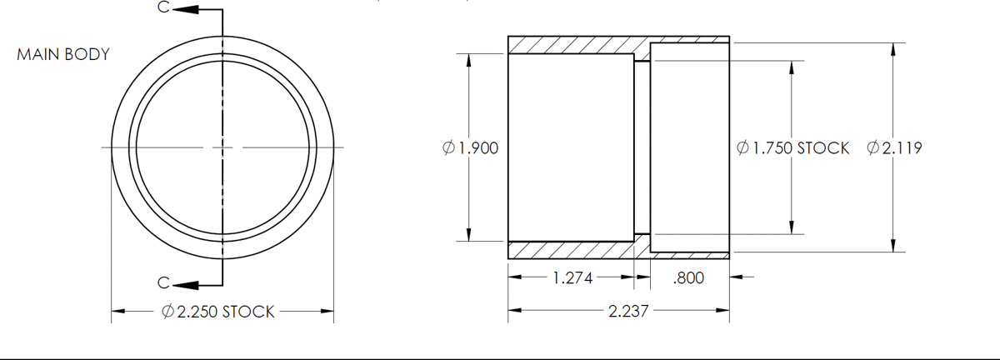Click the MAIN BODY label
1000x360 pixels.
[63, 55]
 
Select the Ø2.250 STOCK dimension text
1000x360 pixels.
[217, 312]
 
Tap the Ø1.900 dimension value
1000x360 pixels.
[471, 148]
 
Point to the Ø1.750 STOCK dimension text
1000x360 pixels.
[792, 148]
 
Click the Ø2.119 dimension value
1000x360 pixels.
[894, 148]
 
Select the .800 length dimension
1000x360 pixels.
[687, 278]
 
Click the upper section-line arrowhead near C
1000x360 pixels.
[187, 10]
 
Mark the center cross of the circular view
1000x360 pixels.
[222, 147]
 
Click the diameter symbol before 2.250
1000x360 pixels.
[167, 312]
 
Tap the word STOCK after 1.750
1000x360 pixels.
[823, 148]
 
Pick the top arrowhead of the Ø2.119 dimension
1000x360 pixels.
[894, 50]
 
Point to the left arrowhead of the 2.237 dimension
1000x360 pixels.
[515, 312]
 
